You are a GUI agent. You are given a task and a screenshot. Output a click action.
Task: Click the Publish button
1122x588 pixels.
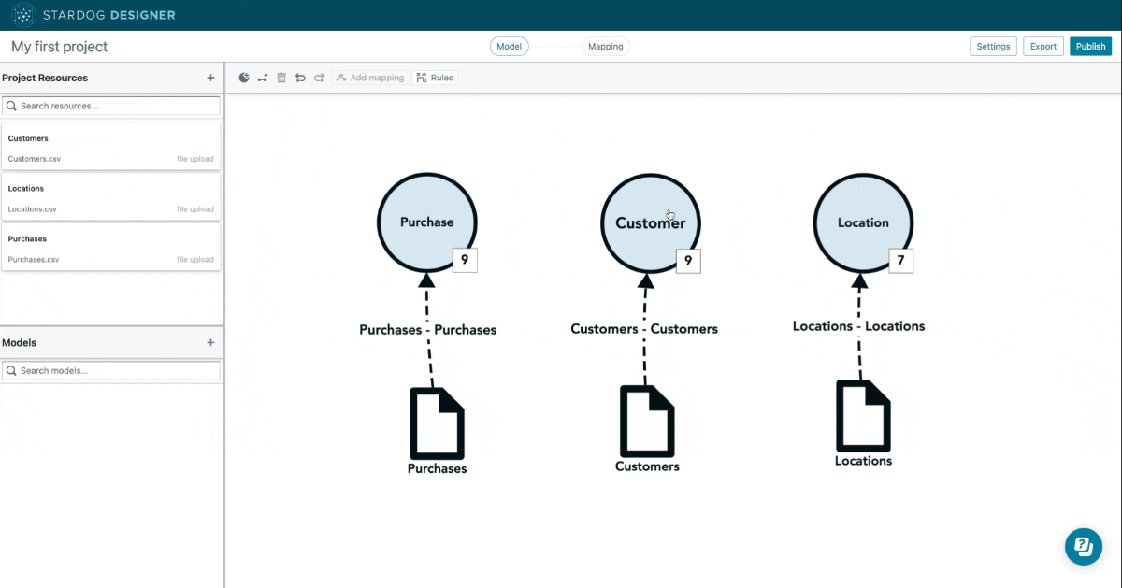pyautogui.click(x=1090, y=46)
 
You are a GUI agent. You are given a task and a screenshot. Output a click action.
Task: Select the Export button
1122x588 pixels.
pyautogui.click(x=1043, y=46)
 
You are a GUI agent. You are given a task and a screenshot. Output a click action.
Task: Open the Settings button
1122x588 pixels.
pyautogui.click(x=993, y=46)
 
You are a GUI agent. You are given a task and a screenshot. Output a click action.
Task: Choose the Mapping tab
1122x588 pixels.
pyautogui.click(x=606, y=46)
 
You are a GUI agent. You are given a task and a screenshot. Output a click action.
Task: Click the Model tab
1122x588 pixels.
pyautogui.click(x=509, y=46)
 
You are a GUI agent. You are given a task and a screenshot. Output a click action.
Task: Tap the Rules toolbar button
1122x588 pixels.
pyautogui.click(x=435, y=78)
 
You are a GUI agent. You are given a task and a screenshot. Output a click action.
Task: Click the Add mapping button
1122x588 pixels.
pyautogui.click(x=370, y=78)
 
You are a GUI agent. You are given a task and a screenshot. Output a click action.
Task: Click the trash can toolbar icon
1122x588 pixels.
pyautogui.click(x=281, y=78)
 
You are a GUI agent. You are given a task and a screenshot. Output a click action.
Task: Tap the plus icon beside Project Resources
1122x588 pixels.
pyautogui.click(x=210, y=78)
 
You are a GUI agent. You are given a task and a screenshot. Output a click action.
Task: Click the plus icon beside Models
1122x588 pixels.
pyautogui.click(x=210, y=342)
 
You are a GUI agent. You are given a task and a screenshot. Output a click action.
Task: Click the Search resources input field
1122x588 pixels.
pyautogui.click(x=111, y=106)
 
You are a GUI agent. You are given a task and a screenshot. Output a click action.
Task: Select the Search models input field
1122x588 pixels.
pyautogui.click(x=111, y=370)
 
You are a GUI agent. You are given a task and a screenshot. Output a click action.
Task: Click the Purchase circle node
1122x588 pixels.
pyautogui.click(x=426, y=222)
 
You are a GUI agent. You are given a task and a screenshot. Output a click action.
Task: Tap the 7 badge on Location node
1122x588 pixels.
pyautogui.click(x=900, y=261)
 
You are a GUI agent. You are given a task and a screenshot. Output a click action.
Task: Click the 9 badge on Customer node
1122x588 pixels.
pyautogui.click(x=688, y=261)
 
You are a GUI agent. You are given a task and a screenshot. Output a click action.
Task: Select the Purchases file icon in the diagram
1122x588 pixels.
pyautogui.click(x=437, y=423)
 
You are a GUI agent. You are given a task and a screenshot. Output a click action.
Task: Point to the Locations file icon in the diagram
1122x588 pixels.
pyautogui.click(x=863, y=416)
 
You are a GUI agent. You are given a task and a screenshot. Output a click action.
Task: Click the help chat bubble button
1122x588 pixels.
pyautogui.click(x=1084, y=547)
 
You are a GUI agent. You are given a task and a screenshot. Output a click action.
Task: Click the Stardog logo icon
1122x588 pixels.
pyautogui.click(x=23, y=15)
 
